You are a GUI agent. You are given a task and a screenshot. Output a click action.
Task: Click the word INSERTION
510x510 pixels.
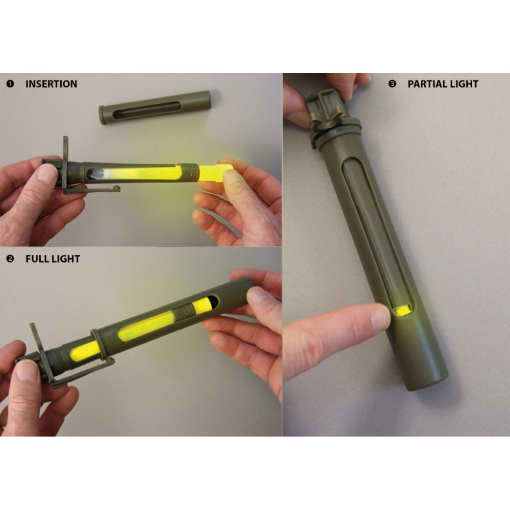click(x=52, y=84)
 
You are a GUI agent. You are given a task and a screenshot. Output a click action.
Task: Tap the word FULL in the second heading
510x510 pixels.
click(x=36, y=259)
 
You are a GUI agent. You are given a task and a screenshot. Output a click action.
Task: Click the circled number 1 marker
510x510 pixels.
click(x=10, y=84)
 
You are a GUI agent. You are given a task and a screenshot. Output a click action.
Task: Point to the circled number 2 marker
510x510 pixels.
click(x=10, y=259)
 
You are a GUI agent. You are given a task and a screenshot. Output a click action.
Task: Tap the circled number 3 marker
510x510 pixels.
click(x=392, y=84)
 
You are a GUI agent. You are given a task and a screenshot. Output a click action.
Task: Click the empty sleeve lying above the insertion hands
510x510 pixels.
click(x=155, y=106)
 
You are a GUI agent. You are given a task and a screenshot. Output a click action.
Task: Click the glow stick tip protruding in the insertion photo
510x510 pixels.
click(x=215, y=173)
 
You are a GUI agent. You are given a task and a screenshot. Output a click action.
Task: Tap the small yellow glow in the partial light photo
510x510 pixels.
click(x=402, y=310)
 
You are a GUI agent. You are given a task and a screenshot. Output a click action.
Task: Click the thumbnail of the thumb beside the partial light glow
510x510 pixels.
click(x=380, y=318)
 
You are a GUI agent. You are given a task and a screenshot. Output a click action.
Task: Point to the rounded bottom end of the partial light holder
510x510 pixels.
click(x=428, y=380)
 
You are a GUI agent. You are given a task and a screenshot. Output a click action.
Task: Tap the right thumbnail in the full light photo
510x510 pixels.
click(x=257, y=295)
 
